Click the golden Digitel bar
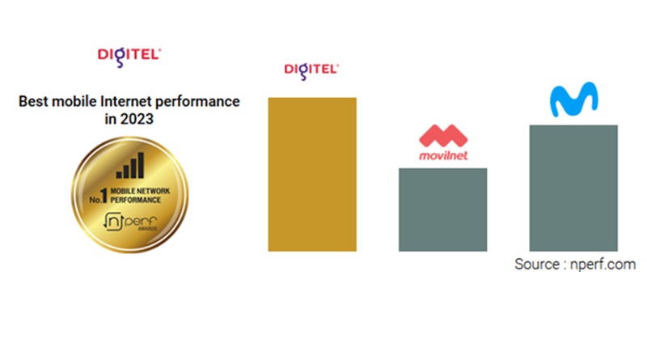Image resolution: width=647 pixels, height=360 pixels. [x=312, y=174]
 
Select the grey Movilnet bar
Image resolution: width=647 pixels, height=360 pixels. [x=442, y=210]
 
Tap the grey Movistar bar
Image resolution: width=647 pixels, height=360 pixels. [x=573, y=188]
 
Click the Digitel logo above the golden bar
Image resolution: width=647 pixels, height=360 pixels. [x=311, y=71]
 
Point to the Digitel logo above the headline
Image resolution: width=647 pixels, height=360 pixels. [x=129, y=57]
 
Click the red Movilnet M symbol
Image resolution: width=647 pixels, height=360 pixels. [x=443, y=135]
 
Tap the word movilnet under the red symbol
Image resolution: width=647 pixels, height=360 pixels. [x=443, y=155]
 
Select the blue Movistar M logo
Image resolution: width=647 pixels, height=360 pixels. [x=574, y=99]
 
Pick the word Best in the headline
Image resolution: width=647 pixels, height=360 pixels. [x=34, y=101]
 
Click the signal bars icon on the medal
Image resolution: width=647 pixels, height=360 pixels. [x=130, y=166]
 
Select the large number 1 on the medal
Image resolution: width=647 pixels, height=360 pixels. [x=104, y=196]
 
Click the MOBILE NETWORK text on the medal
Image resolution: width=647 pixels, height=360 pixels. [x=140, y=191]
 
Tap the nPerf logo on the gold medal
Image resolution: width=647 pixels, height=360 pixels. [x=130, y=222]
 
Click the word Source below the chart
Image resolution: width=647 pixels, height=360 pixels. [x=537, y=265]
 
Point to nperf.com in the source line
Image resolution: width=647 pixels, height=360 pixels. [x=603, y=265]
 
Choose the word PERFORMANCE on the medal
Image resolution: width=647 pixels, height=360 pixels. [x=135, y=201]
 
